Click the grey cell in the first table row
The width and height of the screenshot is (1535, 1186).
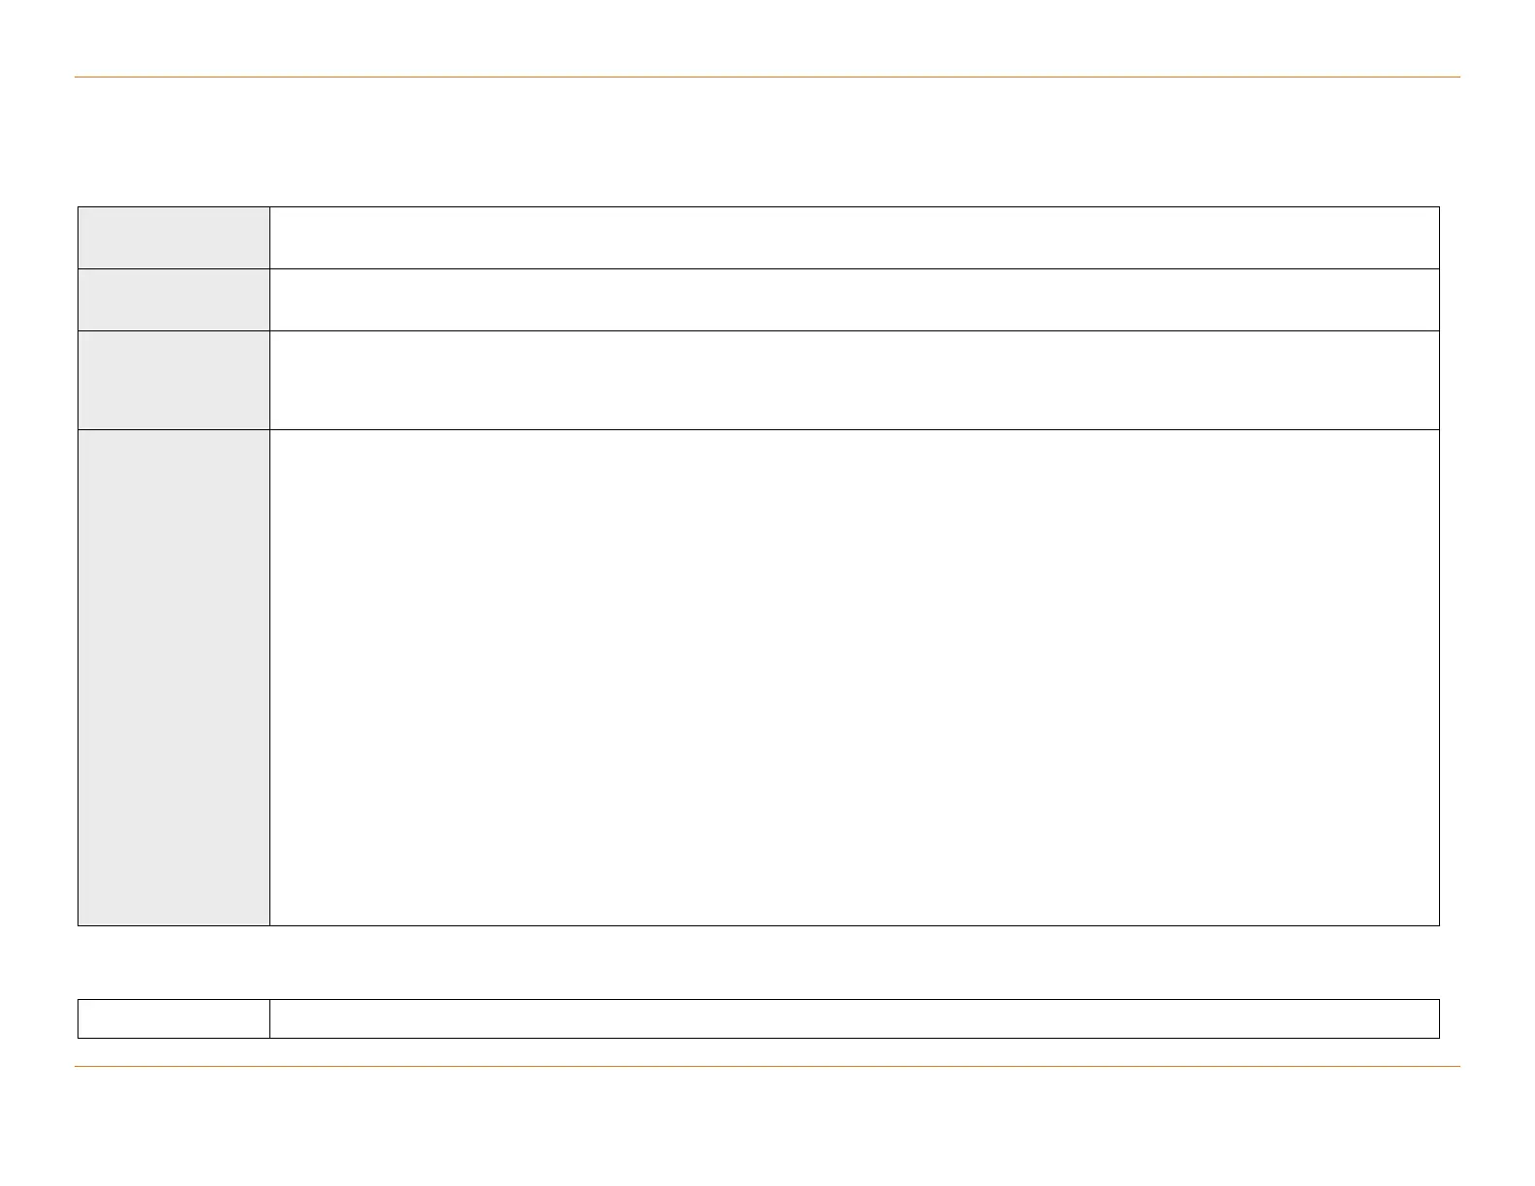(x=173, y=237)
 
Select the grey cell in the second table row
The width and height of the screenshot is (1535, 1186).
(x=173, y=299)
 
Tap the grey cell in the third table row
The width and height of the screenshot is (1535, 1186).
(x=173, y=380)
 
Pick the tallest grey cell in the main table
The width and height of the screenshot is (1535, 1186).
(x=173, y=677)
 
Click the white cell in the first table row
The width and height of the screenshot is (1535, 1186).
(x=854, y=237)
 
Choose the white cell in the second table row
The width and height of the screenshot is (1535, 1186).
(x=854, y=299)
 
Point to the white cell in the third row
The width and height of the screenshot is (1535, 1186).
(x=854, y=380)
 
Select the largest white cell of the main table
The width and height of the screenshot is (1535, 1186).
(x=854, y=677)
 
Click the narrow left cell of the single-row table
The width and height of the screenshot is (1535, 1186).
(x=173, y=1018)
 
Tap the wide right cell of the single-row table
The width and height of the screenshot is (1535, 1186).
(x=854, y=1018)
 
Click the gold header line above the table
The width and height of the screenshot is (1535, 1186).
(x=767, y=77)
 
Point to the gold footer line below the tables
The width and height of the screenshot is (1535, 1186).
(x=767, y=1067)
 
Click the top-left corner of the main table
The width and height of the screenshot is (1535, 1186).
(x=78, y=206)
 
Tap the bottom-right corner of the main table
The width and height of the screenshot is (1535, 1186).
(x=1439, y=925)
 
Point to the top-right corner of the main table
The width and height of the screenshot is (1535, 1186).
(x=1439, y=206)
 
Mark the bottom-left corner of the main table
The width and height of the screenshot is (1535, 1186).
(x=78, y=925)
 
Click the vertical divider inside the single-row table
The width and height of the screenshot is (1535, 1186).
(x=269, y=1018)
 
